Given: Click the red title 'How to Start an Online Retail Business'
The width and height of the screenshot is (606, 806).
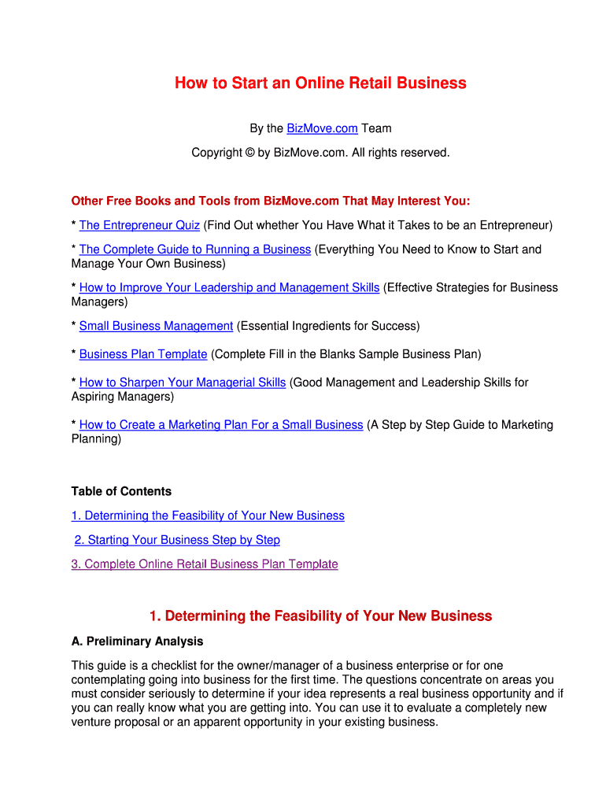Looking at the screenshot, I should [320, 83].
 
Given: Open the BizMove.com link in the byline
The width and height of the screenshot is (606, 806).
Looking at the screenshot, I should [322, 128].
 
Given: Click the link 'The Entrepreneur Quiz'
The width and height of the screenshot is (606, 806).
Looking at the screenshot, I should [139, 225].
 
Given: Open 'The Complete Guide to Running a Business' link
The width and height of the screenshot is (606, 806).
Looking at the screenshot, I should [195, 250].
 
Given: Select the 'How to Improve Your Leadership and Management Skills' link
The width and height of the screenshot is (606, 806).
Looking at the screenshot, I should [229, 287].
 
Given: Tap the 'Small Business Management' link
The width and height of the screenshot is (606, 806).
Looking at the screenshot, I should [156, 326].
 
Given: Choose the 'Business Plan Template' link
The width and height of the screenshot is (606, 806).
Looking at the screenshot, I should [143, 354].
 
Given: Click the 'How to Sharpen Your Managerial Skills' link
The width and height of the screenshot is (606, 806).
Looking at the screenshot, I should [183, 383].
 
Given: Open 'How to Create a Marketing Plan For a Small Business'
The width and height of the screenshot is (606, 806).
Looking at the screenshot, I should [221, 425].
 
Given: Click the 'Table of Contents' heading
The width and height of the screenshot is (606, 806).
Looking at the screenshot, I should [121, 491].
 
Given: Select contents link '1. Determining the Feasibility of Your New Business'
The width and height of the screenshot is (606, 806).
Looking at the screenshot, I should [208, 516].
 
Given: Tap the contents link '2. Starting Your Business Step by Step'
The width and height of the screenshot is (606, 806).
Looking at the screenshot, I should [177, 540].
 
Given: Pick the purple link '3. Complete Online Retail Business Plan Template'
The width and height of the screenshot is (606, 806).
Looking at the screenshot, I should [205, 564].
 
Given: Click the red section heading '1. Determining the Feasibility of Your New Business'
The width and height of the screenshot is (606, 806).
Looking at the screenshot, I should [320, 616].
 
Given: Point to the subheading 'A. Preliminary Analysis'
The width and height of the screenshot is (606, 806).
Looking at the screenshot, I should [137, 641].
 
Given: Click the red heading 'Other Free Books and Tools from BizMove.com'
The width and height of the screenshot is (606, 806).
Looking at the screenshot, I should [271, 201].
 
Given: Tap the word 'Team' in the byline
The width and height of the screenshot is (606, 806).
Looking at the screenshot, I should [376, 128].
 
